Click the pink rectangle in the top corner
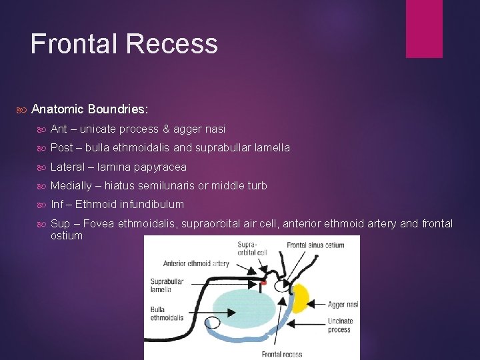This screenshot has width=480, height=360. [x=424, y=28]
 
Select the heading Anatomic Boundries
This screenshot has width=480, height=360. [x=89, y=108]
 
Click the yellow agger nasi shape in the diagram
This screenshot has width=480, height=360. [x=301, y=298]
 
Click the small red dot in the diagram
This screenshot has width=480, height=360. [x=263, y=283]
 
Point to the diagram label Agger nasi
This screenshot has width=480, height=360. [x=343, y=304]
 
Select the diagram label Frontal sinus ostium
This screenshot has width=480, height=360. [x=315, y=245]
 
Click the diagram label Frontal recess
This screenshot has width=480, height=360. [x=281, y=354]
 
